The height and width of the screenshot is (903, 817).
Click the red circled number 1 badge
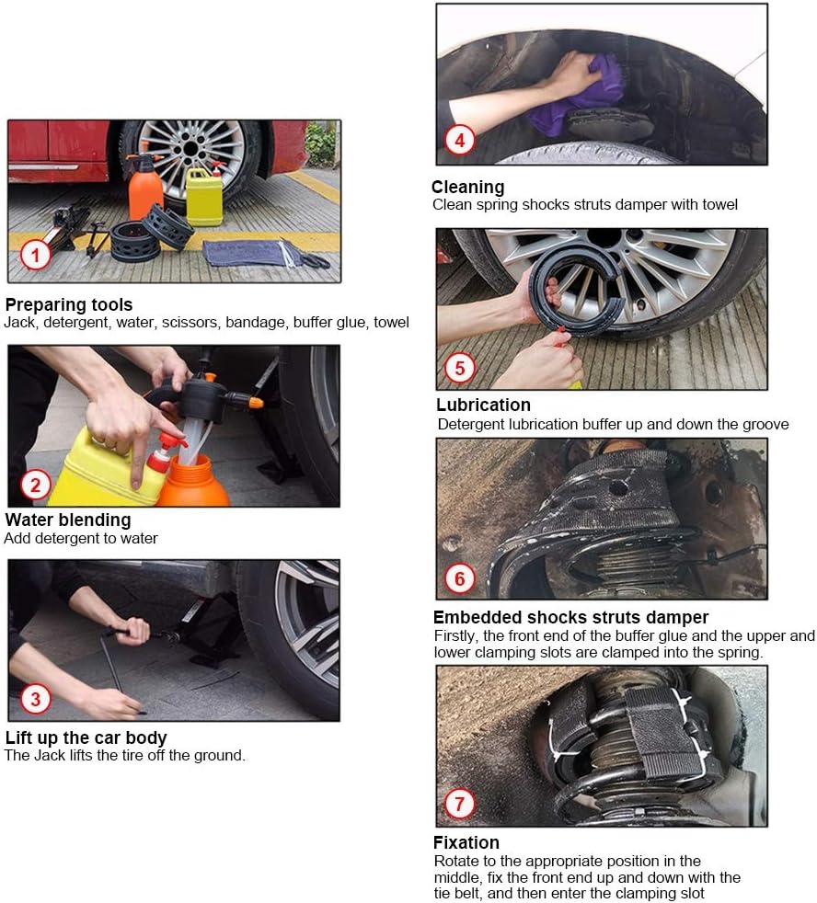pos(36,255)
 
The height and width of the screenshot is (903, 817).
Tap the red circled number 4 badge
pos(459,140)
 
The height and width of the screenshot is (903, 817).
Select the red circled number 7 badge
pos(459,804)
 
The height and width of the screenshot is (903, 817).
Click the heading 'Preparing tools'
pos(69,304)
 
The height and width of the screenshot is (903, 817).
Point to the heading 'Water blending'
pos(68,520)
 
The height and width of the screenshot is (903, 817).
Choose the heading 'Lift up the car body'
pos(86,737)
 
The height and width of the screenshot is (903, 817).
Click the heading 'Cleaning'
pos(468,187)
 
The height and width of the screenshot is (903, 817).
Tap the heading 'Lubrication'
pos(483,405)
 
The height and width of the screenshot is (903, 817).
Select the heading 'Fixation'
pos(466,842)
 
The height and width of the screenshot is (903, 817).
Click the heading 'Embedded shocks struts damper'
pos(570,617)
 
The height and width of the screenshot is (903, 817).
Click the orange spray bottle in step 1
pos(145,188)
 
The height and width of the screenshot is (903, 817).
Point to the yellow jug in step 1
pos(204,195)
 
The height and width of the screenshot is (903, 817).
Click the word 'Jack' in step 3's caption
pos(49,755)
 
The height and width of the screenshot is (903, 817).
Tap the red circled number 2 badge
pos(36,485)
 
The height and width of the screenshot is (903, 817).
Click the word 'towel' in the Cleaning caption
pos(719,204)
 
